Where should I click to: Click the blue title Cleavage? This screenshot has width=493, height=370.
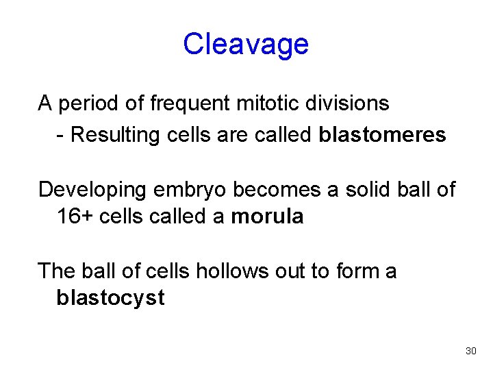tap(246, 45)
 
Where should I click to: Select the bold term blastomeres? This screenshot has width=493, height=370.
tap(382, 134)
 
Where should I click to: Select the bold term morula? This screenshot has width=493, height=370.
tap(267, 217)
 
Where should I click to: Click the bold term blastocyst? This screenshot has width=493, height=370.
tap(110, 299)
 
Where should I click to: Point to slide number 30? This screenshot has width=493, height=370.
tap(470, 351)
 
